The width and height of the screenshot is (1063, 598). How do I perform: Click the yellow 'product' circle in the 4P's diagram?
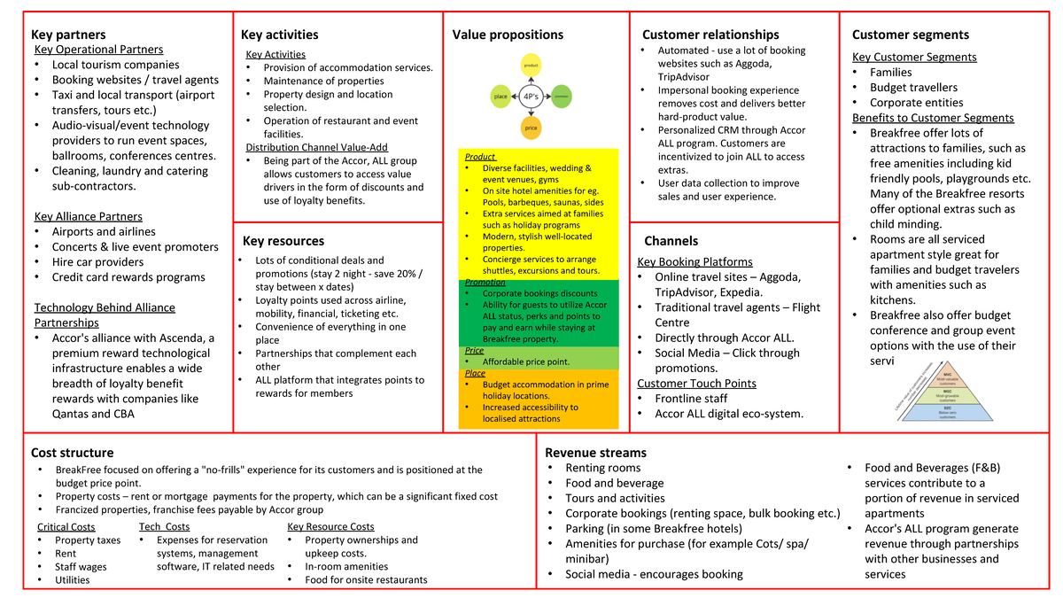pyautogui.click(x=531, y=64)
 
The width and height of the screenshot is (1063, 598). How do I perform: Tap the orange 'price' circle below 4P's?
pyautogui.click(x=531, y=127)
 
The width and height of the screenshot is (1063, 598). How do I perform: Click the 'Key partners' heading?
pyautogui.click(x=68, y=35)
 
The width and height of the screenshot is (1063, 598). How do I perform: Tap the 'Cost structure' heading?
pyautogui.click(x=72, y=452)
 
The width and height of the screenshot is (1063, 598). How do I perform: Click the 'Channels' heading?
pyautogui.click(x=671, y=241)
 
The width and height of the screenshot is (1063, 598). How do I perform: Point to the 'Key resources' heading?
pyautogui.click(x=283, y=241)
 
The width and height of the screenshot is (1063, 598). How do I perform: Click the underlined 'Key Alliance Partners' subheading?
pyautogui.click(x=89, y=216)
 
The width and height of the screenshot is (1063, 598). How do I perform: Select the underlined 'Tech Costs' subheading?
pyautogui.click(x=164, y=526)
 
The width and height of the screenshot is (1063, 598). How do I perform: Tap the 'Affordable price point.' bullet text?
pyautogui.click(x=526, y=361)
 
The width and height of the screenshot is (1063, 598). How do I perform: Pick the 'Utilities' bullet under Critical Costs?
pyautogui.click(x=72, y=579)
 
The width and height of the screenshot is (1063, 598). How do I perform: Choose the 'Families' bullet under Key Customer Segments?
pyautogui.click(x=890, y=72)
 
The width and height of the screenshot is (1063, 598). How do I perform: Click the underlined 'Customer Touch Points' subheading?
pyautogui.click(x=696, y=383)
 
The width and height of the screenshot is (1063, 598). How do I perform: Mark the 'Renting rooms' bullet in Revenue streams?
pyautogui.click(x=602, y=468)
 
